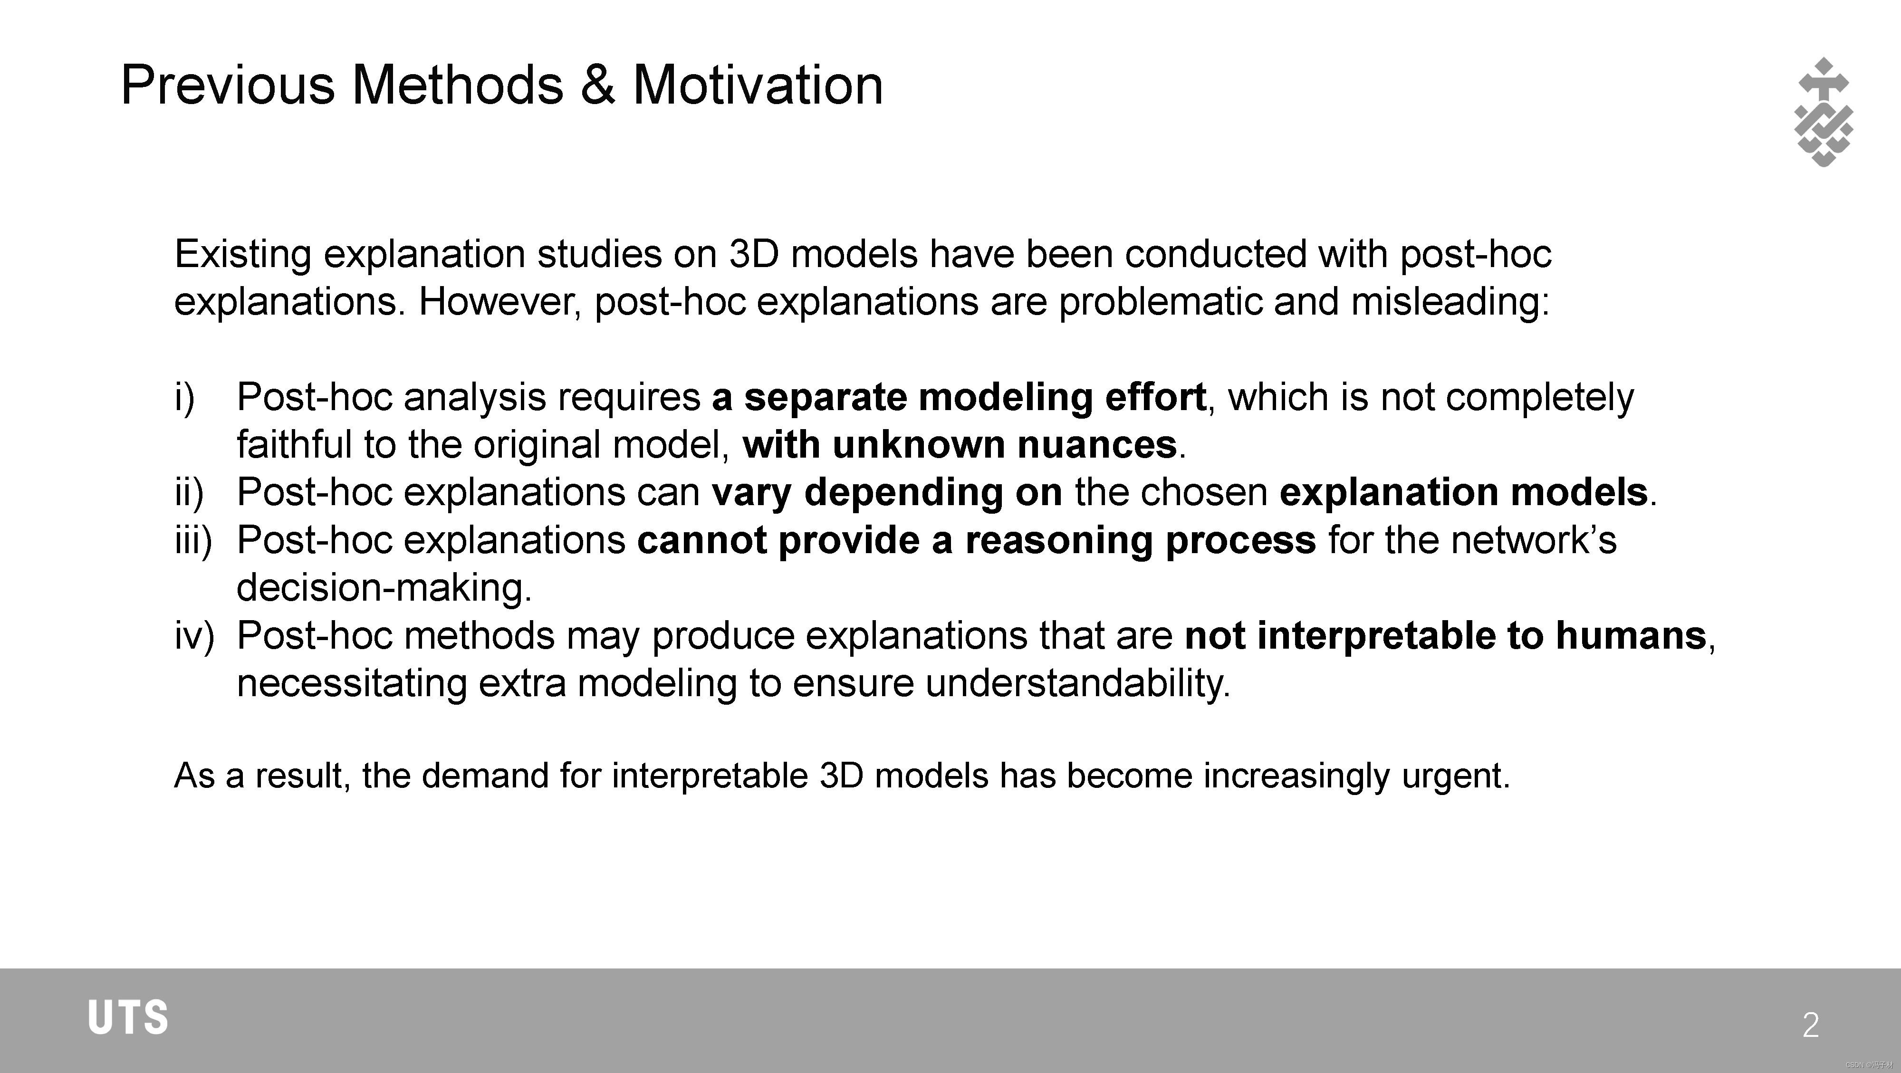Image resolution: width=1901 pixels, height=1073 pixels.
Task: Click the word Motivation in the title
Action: pos(758,85)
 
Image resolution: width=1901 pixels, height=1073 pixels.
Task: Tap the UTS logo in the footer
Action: pos(128,1018)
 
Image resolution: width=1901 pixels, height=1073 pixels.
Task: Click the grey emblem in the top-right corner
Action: pos(1823,112)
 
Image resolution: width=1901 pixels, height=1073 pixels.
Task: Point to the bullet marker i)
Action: pos(184,397)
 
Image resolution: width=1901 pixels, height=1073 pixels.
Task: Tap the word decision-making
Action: pos(383,588)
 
